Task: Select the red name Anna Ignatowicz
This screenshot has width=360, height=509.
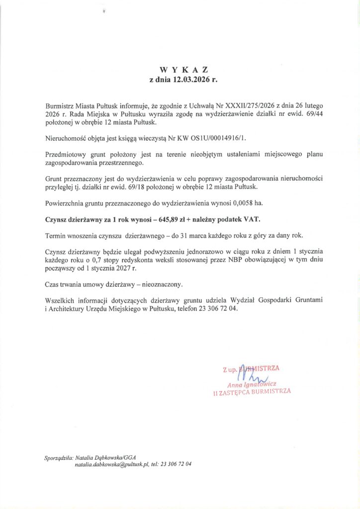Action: pos(251,384)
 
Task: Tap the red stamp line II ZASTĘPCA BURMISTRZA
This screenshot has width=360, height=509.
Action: pos(252,392)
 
